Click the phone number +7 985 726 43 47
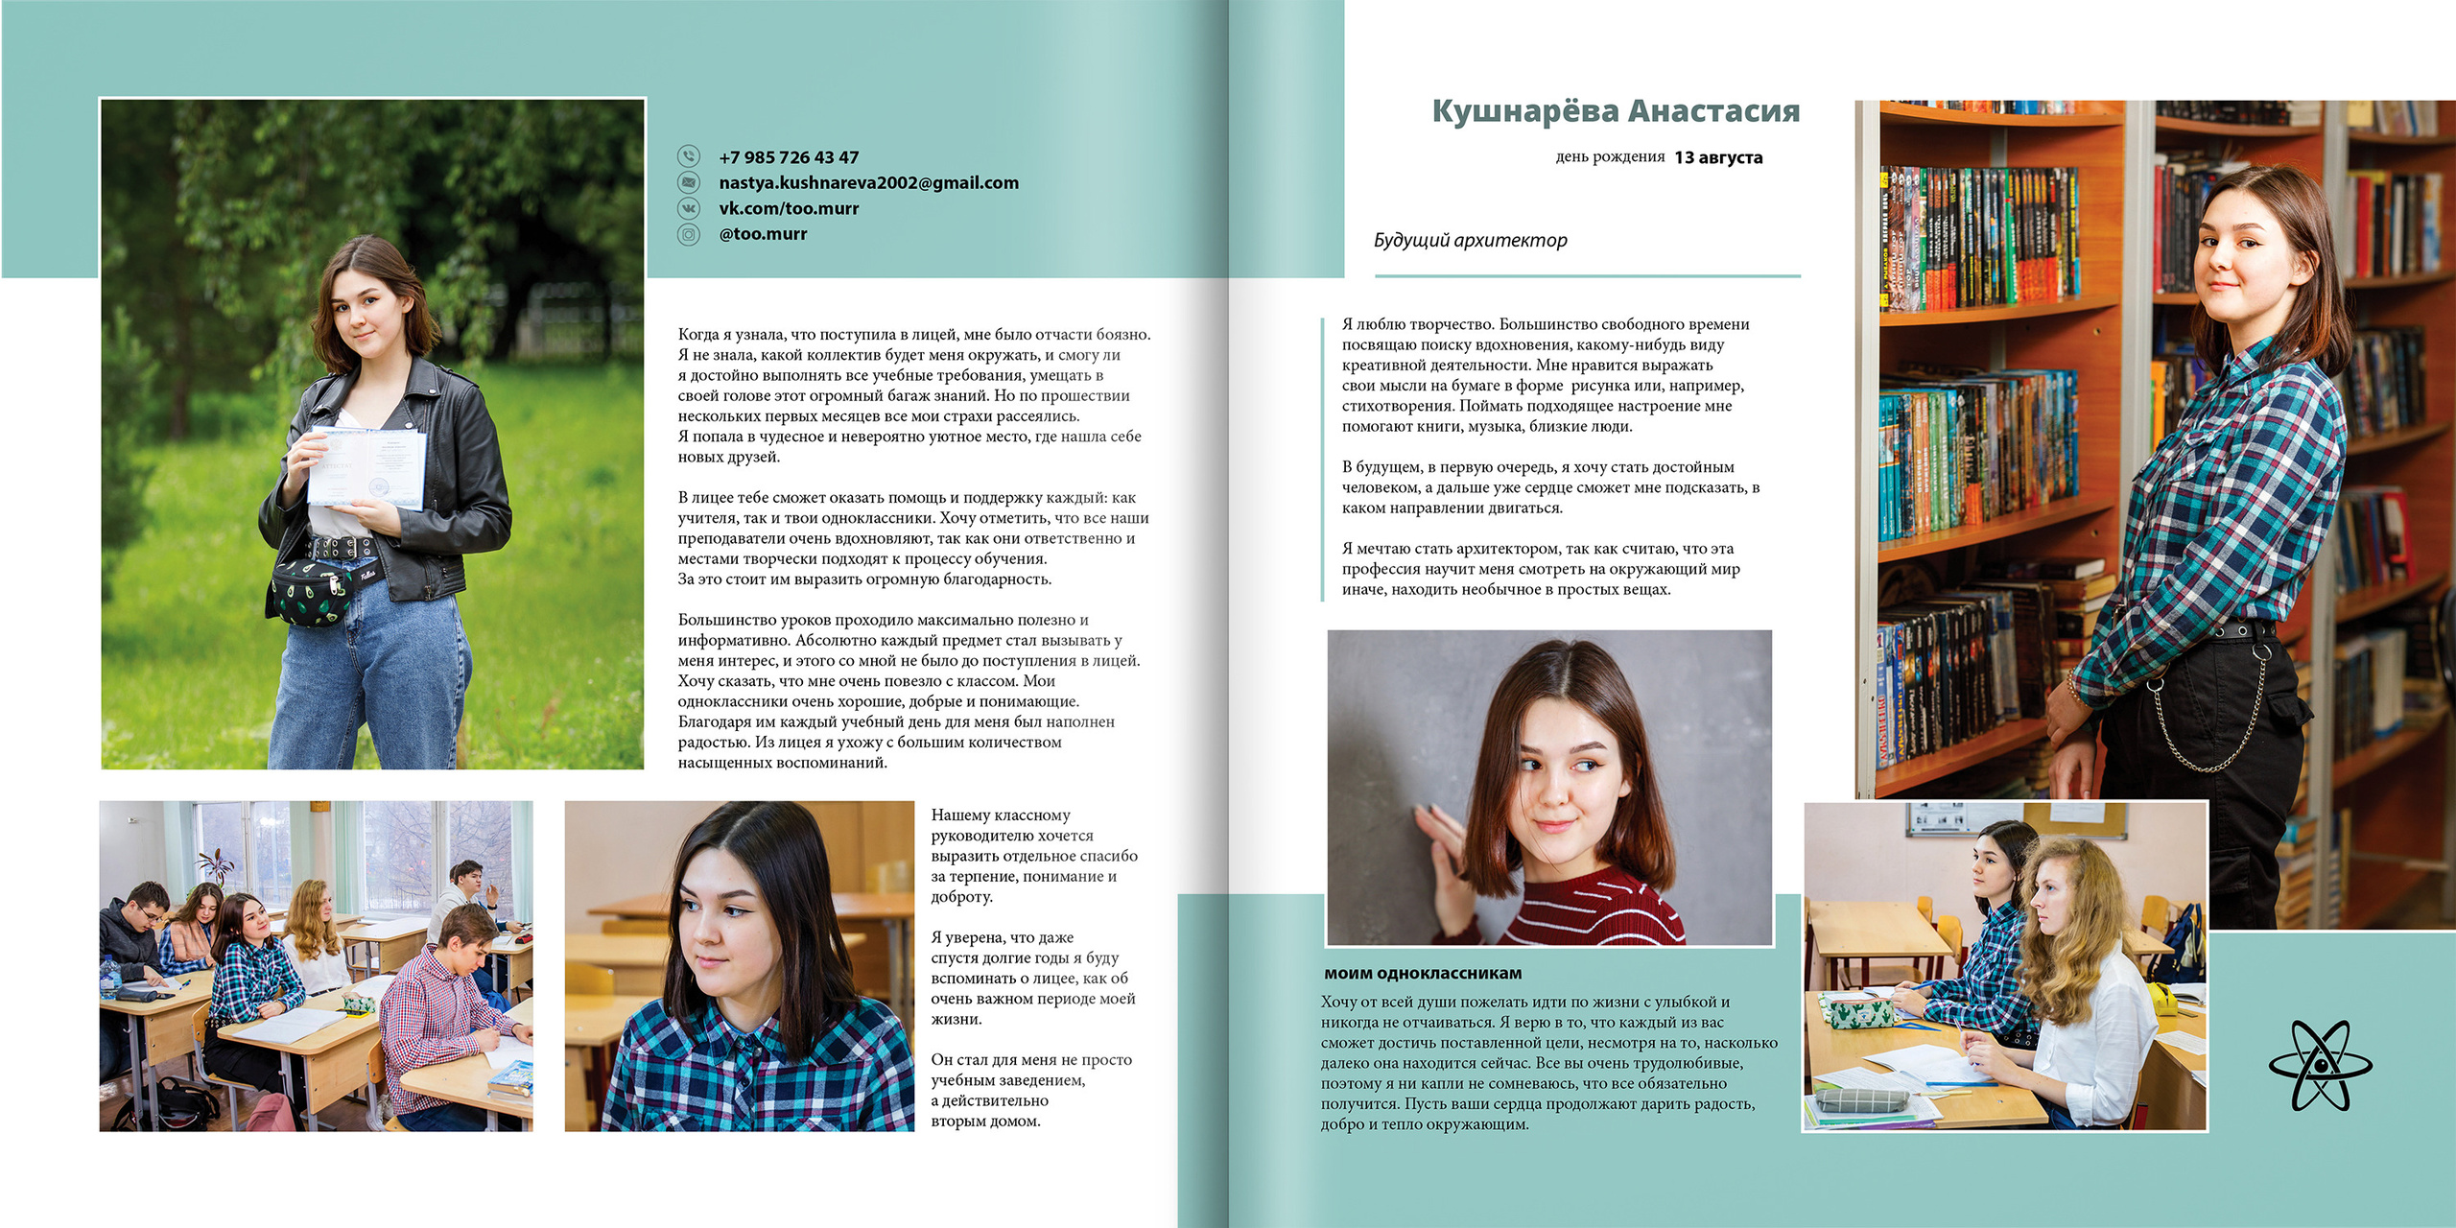click(789, 157)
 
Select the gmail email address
click(868, 182)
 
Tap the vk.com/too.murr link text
click(789, 208)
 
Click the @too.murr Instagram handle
click(763, 234)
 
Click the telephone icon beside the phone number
click(689, 156)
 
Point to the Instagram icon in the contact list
click(689, 234)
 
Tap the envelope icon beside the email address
click(689, 182)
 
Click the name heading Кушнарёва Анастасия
click(1616, 111)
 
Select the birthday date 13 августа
click(1718, 157)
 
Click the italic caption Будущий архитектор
click(1470, 240)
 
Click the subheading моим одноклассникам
click(1422, 973)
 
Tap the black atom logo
click(2320, 1065)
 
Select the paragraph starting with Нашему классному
click(1033, 856)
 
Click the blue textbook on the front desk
click(511, 1079)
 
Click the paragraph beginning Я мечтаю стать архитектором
click(1540, 569)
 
